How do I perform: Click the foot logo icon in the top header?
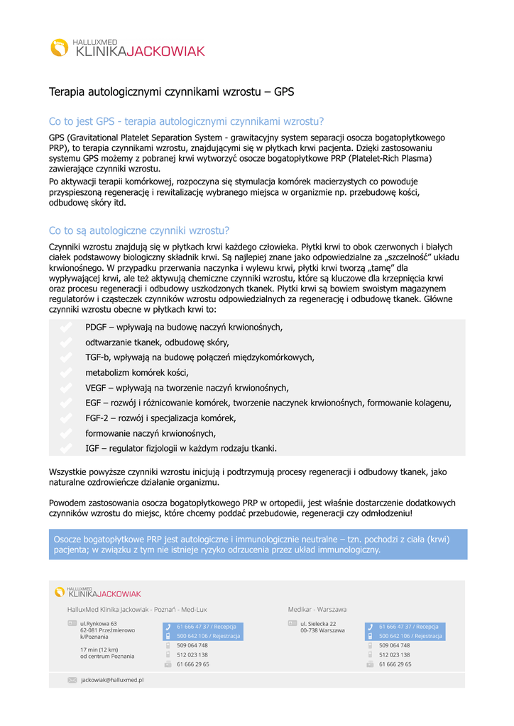(59, 48)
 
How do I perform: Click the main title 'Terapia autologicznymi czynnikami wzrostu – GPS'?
(170, 92)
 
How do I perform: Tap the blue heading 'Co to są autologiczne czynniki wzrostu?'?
(139, 230)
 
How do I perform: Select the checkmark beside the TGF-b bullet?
(66, 357)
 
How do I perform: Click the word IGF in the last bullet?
(93, 448)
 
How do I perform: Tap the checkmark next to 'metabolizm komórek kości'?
(66, 372)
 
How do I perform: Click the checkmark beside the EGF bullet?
(66, 403)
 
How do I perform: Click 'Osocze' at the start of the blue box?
(70, 540)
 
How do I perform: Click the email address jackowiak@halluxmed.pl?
(112, 680)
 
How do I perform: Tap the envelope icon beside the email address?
(72, 680)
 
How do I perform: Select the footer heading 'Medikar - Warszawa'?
(317, 609)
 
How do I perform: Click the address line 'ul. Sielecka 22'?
(318, 624)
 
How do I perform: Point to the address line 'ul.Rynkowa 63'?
(99, 624)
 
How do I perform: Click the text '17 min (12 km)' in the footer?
(99, 649)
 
